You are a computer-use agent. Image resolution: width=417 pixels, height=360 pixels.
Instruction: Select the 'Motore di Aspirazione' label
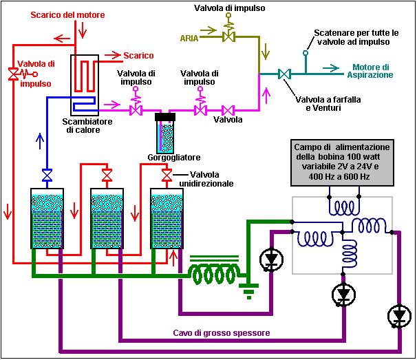pyautogui.click(x=372, y=71)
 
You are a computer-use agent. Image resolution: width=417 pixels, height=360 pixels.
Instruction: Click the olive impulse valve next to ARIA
pyautogui.click(x=228, y=37)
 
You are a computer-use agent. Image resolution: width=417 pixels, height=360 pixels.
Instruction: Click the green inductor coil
pyautogui.click(x=214, y=274)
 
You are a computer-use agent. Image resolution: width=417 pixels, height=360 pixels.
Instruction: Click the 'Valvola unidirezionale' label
pyautogui.click(x=211, y=179)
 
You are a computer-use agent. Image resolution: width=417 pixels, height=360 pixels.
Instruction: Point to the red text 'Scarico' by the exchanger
pyautogui.click(x=138, y=56)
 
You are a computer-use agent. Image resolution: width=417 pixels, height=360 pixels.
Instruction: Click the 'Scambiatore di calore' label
pyautogui.click(x=85, y=125)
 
